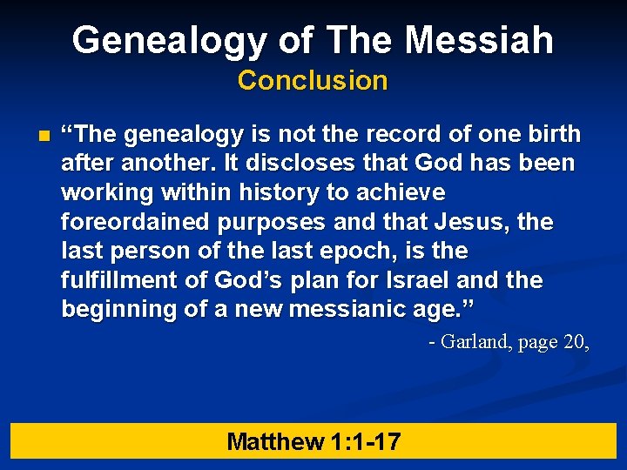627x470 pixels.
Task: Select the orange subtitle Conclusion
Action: click(313, 80)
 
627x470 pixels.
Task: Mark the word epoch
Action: click(361, 252)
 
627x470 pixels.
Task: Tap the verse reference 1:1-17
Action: click(366, 441)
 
